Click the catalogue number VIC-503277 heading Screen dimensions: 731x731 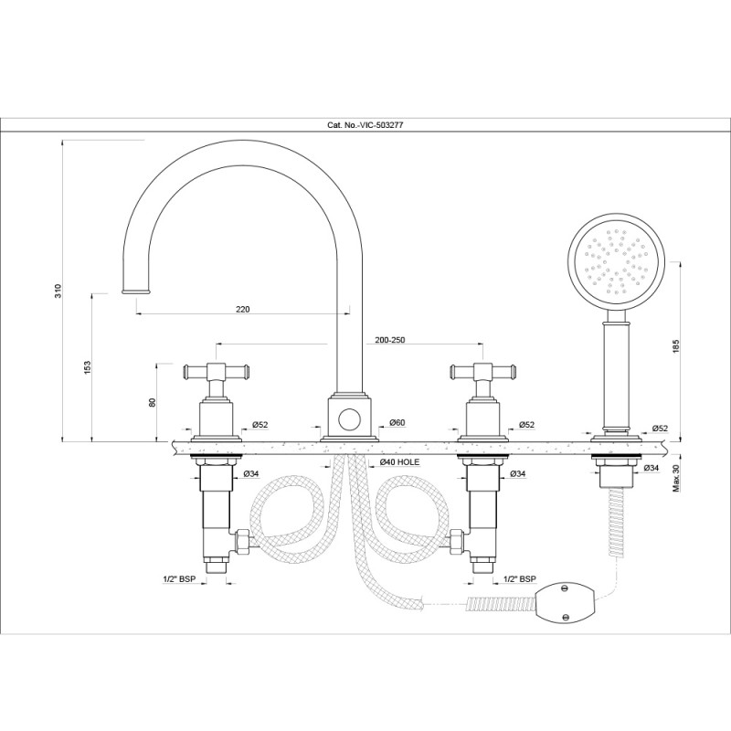365,125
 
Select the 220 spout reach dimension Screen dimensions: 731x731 242,309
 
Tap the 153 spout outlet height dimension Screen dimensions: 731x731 88,367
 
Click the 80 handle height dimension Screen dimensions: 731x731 152,403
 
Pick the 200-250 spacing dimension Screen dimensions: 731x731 389,340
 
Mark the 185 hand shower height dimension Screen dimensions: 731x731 676,346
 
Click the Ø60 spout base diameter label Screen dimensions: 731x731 397,423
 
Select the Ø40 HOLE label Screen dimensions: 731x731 399,462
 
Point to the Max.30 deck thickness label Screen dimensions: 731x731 676,477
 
